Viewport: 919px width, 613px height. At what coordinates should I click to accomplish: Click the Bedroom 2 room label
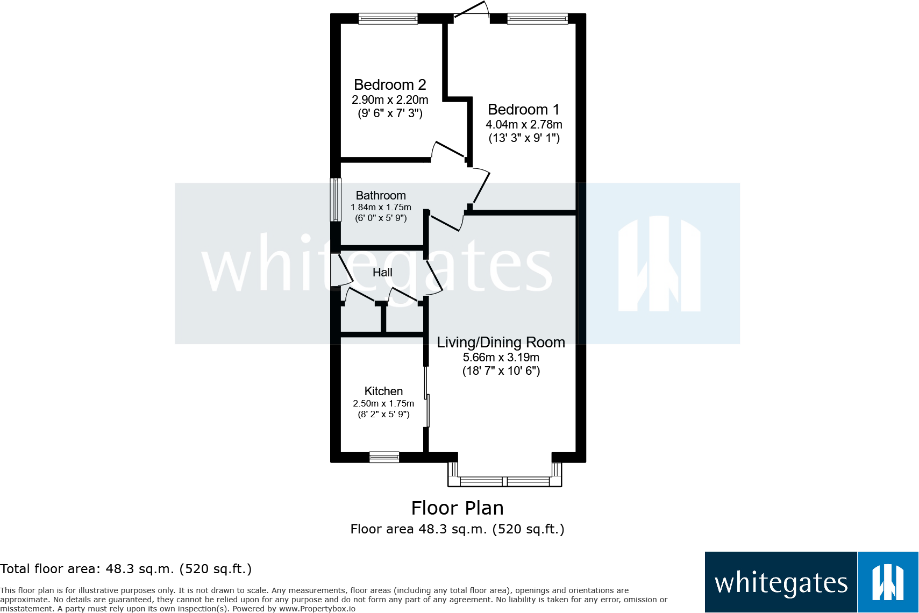click(x=390, y=85)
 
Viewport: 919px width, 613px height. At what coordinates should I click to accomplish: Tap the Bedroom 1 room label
click(x=523, y=110)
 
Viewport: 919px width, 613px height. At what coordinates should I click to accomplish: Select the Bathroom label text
click(x=381, y=196)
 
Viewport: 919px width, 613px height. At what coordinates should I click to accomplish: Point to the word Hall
click(x=382, y=273)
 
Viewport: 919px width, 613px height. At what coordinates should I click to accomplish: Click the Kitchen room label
click(x=383, y=391)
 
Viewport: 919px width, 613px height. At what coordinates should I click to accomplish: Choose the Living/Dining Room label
click(x=501, y=343)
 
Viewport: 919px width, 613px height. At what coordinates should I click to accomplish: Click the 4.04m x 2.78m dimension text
click(x=524, y=125)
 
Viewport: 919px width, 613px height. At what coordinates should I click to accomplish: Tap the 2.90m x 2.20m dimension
click(x=390, y=100)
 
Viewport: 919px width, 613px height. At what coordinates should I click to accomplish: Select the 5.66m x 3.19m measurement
click(x=501, y=358)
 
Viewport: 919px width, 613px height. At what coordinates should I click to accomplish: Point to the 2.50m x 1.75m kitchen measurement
click(x=383, y=404)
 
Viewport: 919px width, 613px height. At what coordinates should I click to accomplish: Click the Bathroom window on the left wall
click(x=336, y=199)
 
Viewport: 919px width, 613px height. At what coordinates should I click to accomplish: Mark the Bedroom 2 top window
click(x=388, y=19)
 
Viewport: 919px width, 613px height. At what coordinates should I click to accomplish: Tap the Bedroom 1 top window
click(x=537, y=19)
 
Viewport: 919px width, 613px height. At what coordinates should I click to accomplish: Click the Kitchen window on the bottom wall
click(x=384, y=458)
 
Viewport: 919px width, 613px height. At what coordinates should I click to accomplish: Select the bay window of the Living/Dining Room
click(x=504, y=481)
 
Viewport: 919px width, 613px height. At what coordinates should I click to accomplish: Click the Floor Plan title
click(x=457, y=508)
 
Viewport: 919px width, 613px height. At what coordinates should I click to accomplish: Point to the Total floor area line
click(x=126, y=569)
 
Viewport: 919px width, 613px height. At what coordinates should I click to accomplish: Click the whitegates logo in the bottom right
click(x=811, y=582)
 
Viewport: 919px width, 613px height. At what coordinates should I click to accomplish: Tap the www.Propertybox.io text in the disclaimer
click(x=317, y=609)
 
